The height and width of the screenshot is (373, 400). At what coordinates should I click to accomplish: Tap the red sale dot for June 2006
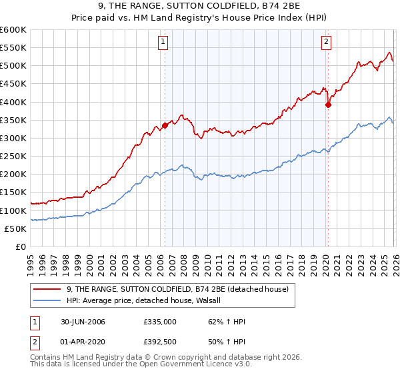tap(165, 125)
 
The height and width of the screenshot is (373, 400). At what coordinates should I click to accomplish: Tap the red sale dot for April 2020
tap(328, 105)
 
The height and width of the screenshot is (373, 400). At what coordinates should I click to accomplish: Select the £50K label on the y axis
tap(16, 228)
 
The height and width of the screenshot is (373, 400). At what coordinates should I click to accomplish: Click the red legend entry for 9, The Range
tap(177, 289)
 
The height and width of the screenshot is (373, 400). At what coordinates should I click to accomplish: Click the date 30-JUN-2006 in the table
tap(83, 322)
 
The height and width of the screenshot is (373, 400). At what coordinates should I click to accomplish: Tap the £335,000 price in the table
tap(160, 322)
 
